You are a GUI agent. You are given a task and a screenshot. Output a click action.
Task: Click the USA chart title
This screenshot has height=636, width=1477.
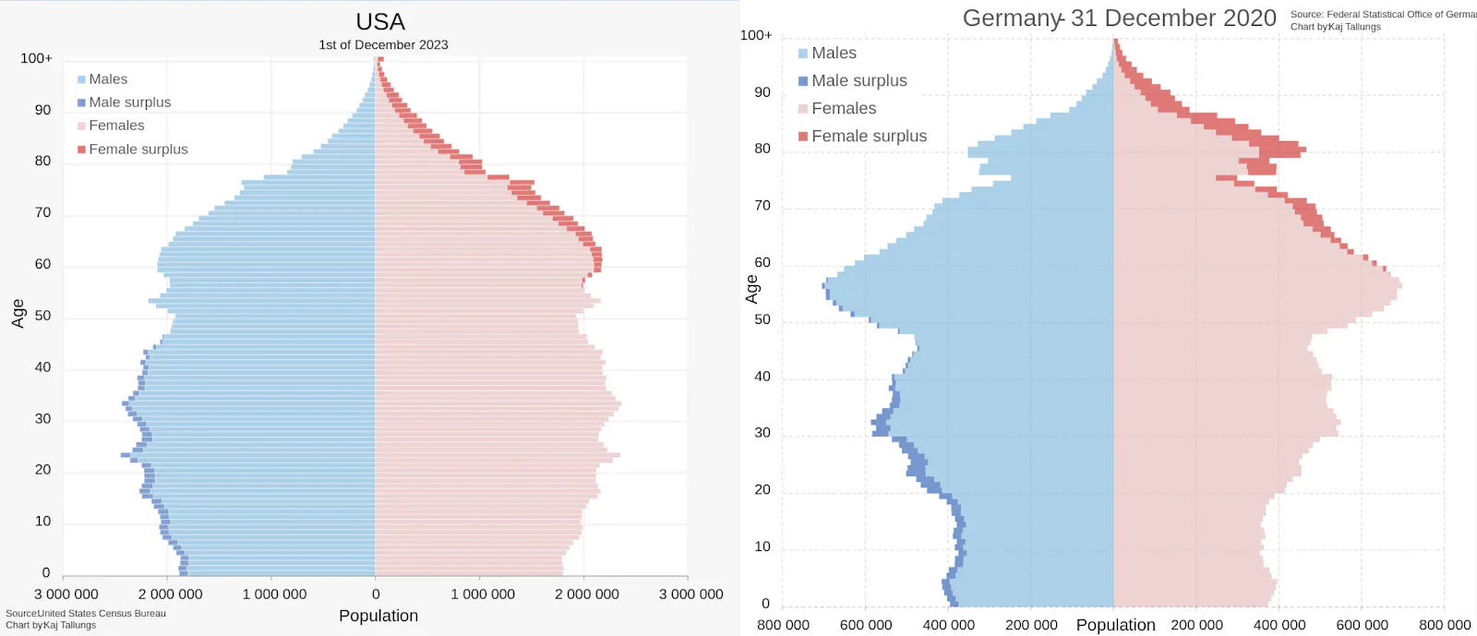[x=380, y=22]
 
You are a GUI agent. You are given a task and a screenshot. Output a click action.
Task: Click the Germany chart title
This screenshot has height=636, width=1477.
[x=1119, y=18]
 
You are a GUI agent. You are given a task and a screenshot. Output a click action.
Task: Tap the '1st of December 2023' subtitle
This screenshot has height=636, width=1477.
[x=383, y=44]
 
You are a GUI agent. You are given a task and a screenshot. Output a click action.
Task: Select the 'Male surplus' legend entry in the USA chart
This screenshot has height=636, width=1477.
[x=129, y=102]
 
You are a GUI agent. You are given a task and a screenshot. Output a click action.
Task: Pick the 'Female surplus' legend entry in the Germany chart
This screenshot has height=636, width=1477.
[x=869, y=136]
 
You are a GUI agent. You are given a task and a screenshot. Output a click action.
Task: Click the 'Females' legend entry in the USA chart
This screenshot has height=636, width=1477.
[x=116, y=126]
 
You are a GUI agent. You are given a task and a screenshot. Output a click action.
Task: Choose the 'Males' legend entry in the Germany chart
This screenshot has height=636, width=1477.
[x=834, y=54]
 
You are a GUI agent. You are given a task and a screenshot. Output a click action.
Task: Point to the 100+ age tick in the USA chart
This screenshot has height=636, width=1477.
[x=37, y=58]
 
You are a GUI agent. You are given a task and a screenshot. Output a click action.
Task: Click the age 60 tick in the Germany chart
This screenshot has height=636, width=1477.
[x=762, y=263]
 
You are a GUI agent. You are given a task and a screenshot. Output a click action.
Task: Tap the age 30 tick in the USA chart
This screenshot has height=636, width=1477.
[x=42, y=418]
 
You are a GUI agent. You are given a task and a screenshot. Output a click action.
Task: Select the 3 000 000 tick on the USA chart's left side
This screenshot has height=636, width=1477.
[x=66, y=594]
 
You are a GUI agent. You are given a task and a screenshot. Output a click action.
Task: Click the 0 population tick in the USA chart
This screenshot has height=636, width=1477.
[x=376, y=594]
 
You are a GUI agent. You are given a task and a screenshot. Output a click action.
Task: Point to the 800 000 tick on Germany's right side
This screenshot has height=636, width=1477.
[x=1445, y=625]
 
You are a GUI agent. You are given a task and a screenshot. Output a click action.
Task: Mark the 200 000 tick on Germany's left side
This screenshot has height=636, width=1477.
[x=1031, y=625]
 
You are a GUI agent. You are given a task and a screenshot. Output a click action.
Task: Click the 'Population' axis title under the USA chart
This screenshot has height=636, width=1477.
[x=378, y=616]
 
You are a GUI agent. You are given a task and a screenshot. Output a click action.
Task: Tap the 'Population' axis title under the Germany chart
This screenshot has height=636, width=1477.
[x=1115, y=625]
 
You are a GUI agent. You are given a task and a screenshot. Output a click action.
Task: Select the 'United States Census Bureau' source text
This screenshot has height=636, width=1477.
[x=102, y=613]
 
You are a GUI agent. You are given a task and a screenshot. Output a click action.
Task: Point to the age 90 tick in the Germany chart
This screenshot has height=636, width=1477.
[x=762, y=92]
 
